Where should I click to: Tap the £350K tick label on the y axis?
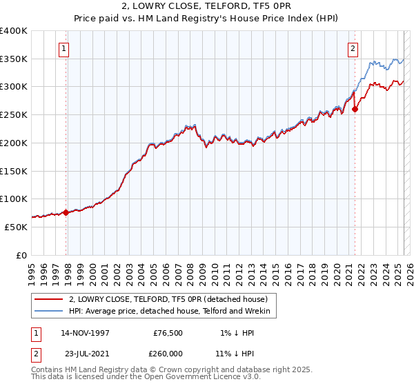(x=14, y=59)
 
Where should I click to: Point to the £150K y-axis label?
(x=14, y=171)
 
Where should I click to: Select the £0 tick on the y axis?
(x=22, y=255)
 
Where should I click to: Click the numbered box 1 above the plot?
(x=63, y=48)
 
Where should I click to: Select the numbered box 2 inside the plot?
(x=353, y=48)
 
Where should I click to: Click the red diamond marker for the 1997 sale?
(x=66, y=212)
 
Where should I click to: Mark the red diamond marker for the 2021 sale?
(x=355, y=109)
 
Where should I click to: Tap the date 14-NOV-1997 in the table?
(x=86, y=333)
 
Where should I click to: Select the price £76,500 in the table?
(x=168, y=333)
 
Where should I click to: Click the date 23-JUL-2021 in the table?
(x=85, y=353)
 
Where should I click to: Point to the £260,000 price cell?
(x=168, y=353)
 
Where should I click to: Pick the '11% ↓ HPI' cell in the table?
(x=235, y=353)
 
